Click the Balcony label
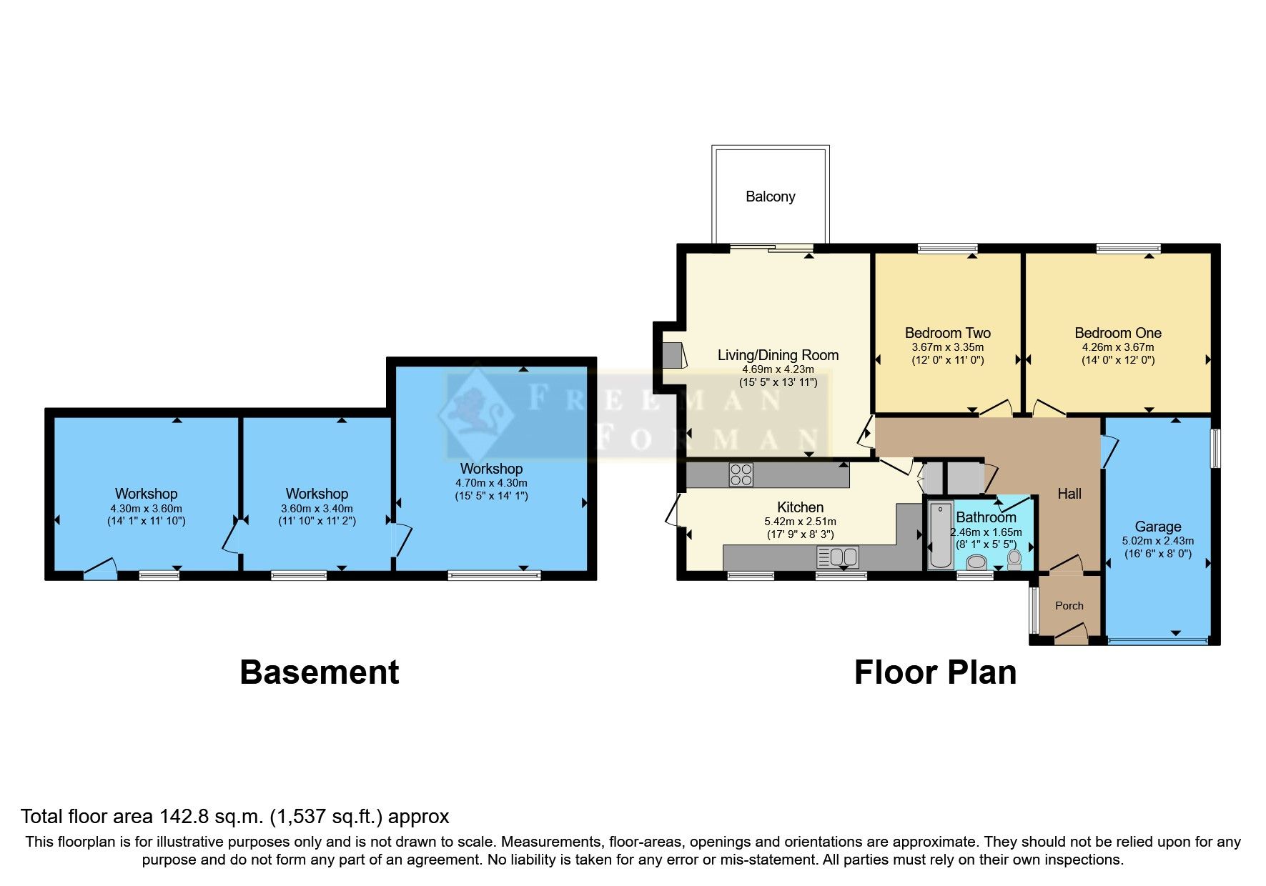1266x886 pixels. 770,196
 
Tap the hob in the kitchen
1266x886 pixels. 741,475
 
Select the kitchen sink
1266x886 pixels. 838,557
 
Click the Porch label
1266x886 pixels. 1069,606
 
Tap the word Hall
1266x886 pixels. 1069,494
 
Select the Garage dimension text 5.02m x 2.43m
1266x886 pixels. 1157,541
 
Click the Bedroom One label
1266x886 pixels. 1118,333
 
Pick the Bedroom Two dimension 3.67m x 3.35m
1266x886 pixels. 948,347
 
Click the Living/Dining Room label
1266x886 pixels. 778,355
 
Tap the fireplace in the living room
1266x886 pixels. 673,355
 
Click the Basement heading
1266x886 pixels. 320,672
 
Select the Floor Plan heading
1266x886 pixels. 935,672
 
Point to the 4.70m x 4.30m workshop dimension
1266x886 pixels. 491,483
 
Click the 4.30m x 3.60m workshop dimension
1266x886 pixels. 147,509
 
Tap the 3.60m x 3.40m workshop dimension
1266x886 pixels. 317,509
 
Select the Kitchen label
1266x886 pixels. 800,507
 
